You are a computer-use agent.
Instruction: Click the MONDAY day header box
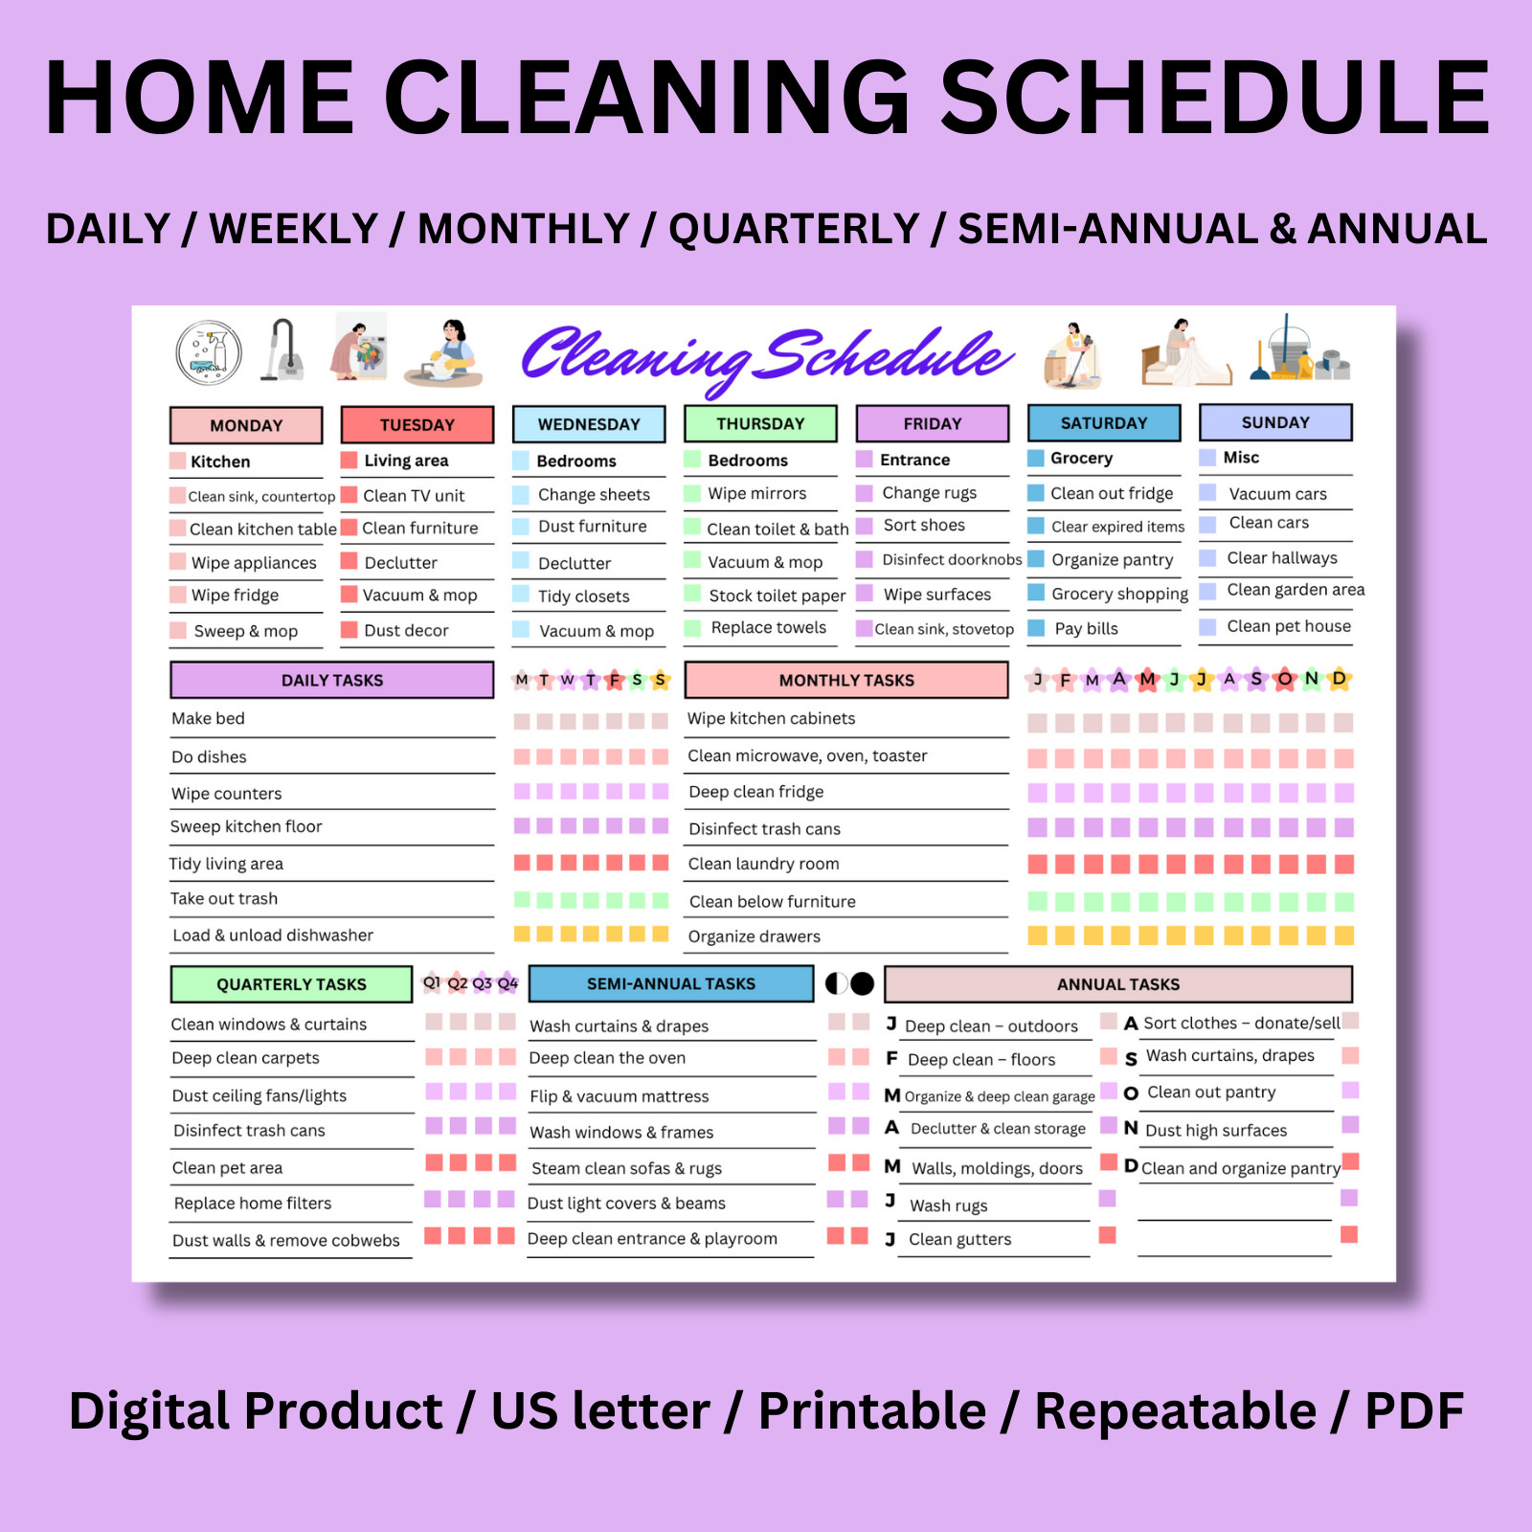[x=246, y=425]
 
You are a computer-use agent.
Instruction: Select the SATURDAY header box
[x=1104, y=423]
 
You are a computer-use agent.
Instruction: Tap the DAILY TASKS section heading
[x=332, y=680]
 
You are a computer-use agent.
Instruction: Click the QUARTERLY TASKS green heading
[x=291, y=984]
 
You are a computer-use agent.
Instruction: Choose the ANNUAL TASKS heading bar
[x=1118, y=984]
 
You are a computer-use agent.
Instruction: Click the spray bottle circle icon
[x=209, y=352]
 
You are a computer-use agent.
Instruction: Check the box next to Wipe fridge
[x=178, y=595]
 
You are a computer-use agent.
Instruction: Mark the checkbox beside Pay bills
[x=1036, y=628]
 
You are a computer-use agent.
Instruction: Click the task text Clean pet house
[x=1289, y=626]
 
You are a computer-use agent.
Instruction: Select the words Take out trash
[x=224, y=898]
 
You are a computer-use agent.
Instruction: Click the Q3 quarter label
[x=482, y=983]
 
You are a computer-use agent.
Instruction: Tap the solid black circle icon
[x=863, y=983]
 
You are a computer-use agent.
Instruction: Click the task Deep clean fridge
[x=756, y=792]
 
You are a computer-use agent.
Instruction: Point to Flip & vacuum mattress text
[x=620, y=1096]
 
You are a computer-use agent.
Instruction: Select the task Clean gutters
[x=960, y=1239]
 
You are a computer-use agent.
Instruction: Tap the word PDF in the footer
[x=1414, y=1411]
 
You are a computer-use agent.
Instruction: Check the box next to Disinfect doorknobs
[x=864, y=559]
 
